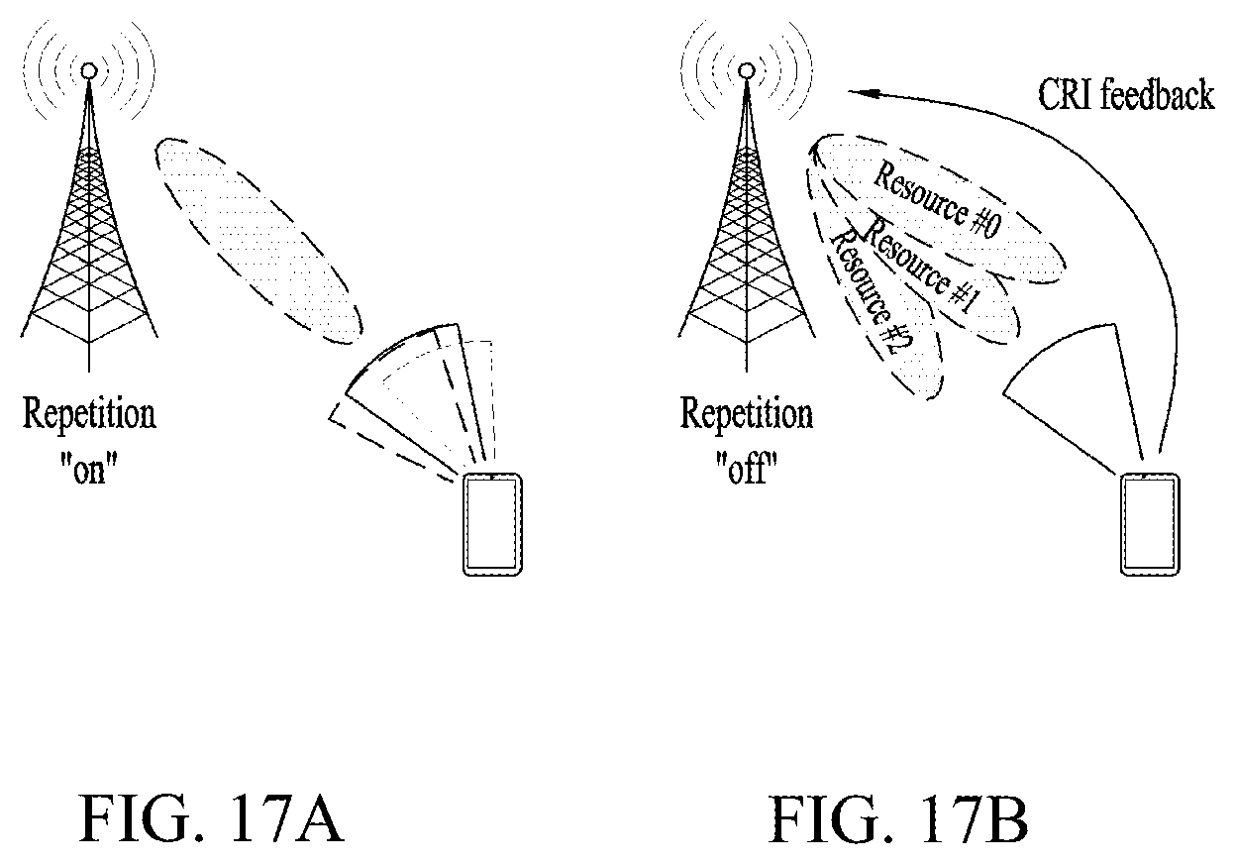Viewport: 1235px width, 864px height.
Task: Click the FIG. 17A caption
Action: point(212,818)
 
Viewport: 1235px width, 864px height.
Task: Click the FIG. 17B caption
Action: point(898,818)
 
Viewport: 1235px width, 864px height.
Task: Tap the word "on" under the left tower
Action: point(89,470)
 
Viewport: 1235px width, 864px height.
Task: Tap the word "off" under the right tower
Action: point(746,470)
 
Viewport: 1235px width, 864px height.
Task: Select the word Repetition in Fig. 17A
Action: point(89,415)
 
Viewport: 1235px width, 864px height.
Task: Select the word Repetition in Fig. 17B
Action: point(746,415)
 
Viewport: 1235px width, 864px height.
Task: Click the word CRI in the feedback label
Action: point(1066,95)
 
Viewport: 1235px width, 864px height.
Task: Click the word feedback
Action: point(1158,95)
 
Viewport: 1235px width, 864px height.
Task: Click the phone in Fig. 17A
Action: point(492,525)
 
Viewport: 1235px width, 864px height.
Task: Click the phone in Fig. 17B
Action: point(1150,525)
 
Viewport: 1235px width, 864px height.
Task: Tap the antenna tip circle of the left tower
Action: point(89,70)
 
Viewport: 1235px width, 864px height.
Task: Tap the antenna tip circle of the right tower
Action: point(746,70)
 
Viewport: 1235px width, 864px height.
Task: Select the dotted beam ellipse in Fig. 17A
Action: point(258,241)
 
